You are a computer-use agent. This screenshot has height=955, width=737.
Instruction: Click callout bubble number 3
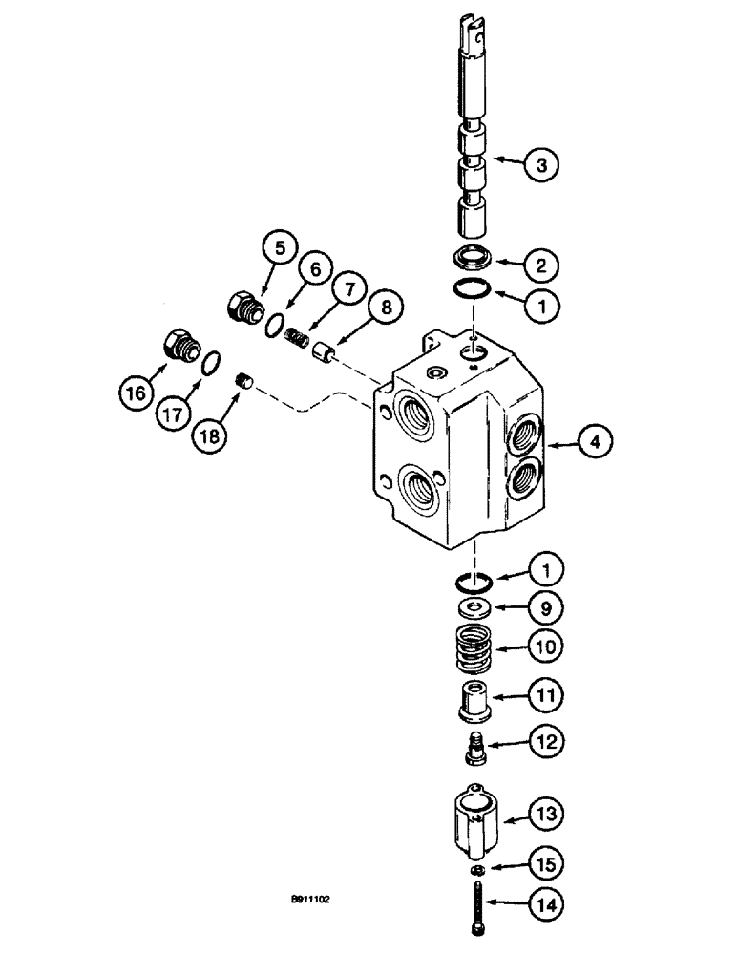pyautogui.click(x=568, y=164)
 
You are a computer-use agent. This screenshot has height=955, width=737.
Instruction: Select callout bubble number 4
pyautogui.click(x=595, y=441)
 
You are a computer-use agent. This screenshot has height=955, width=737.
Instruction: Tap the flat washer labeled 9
pyautogui.click(x=474, y=607)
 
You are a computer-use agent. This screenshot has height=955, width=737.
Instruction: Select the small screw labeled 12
pyautogui.click(x=474, y=742)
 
